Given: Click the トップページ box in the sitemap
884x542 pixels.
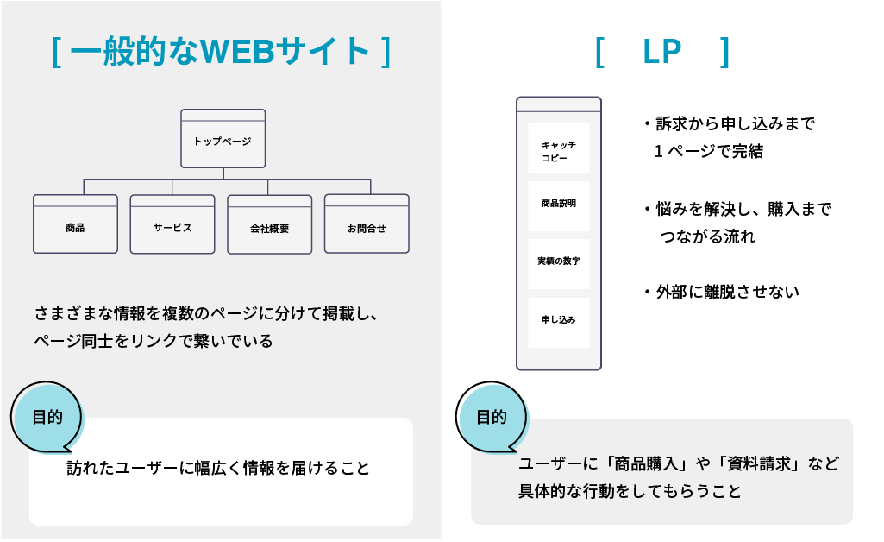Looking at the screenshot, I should pos(223,139).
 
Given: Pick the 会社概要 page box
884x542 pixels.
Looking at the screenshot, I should pos(269,225).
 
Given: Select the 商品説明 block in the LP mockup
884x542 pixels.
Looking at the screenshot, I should pos(558,205).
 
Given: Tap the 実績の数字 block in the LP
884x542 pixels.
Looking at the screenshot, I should pos(558,262).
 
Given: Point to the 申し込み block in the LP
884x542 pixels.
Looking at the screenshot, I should pos(558,320).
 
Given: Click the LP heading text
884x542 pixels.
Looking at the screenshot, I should pos(661,52).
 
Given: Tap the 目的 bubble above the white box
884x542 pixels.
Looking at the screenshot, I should pos(48,417).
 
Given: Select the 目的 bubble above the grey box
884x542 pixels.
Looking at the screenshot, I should pos(492,417).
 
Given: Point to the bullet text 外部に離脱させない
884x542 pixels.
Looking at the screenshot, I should pos(727,292).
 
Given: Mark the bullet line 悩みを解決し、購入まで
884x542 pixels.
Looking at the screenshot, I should pos(743,210).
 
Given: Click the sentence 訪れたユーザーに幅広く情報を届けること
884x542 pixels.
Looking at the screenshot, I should pos(218,469).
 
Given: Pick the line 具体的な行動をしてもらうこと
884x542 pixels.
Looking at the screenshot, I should pos(630,492).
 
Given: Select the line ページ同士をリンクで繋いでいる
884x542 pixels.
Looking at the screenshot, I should pos(154,341).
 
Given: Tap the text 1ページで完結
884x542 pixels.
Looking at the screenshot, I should pos(708,151).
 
